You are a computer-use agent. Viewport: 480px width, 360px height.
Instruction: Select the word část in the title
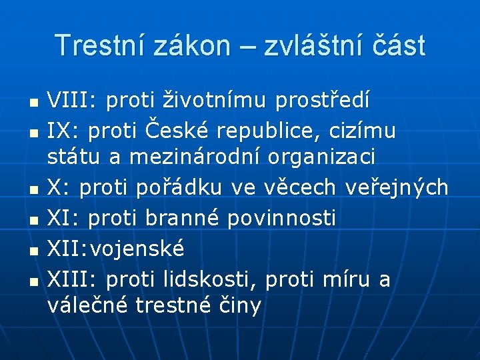coord(399,45)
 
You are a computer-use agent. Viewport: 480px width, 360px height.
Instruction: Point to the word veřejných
coord(397,188)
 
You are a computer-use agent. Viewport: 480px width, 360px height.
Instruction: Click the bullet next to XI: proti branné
coord(33,219)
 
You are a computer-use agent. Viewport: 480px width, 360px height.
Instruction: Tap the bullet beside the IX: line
coord(33,133)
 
